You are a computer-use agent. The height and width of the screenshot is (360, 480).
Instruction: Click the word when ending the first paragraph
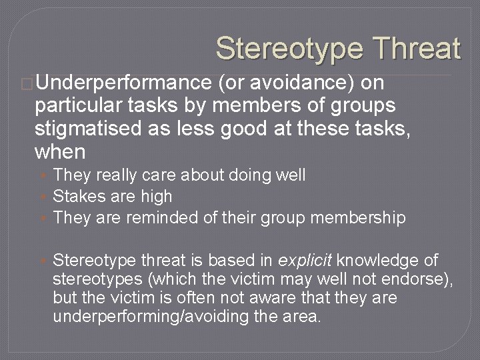tap(60, 152)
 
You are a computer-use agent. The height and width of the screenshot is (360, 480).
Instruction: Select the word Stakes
tap(74, 197)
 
